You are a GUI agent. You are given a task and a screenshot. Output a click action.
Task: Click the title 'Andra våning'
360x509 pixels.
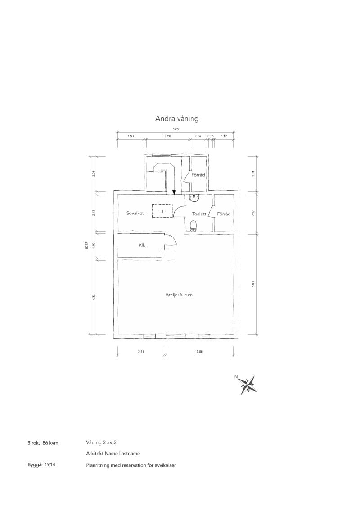177,119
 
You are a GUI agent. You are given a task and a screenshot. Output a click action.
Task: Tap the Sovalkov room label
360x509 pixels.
135,213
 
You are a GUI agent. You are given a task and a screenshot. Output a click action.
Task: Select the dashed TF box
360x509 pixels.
162,211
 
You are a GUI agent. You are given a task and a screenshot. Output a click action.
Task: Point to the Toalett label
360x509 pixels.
199,214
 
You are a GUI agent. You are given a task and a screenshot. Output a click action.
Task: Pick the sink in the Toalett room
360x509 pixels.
194,198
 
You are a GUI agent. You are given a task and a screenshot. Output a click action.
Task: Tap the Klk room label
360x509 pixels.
142,246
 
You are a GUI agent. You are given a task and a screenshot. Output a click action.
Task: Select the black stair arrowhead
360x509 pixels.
174,192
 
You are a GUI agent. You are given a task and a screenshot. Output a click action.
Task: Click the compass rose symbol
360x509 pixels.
249,385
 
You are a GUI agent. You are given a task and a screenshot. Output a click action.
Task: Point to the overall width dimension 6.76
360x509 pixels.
175,129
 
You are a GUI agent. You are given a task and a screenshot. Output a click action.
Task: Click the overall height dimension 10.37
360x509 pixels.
87,246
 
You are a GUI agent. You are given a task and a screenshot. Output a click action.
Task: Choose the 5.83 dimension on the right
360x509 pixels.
253,283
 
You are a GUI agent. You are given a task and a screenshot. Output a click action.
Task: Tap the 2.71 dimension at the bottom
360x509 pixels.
141,352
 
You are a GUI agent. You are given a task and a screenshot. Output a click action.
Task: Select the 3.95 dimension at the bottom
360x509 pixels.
199,352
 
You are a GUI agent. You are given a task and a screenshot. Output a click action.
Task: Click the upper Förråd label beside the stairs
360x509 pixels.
198,175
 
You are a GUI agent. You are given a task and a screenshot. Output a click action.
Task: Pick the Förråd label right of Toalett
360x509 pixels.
224,214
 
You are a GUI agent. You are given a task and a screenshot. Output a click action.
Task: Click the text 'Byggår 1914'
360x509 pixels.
41,465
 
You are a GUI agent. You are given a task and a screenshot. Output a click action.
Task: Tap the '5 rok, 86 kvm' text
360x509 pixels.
43,443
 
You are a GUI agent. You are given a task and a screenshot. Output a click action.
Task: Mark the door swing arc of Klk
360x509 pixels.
172,239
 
